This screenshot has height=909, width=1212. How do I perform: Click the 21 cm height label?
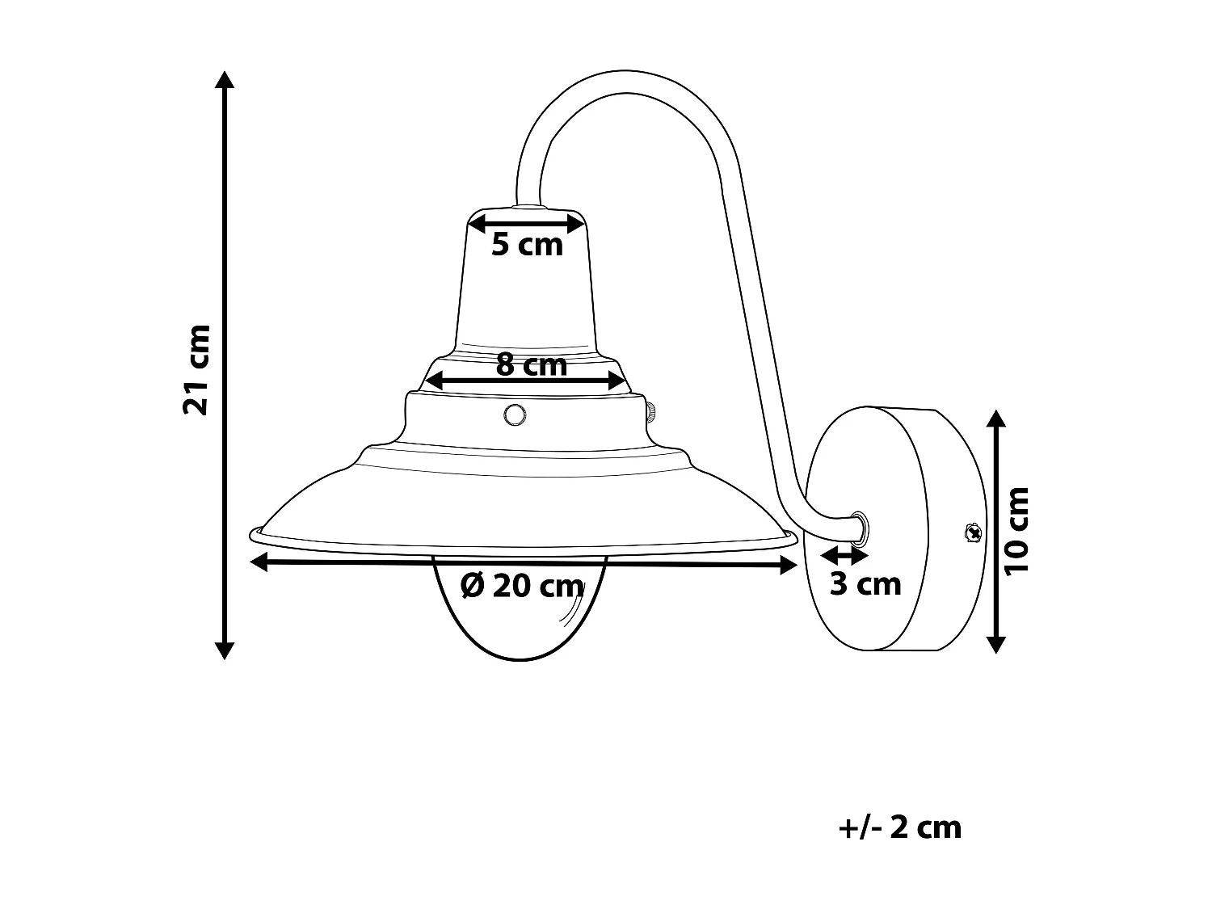click(196, 369)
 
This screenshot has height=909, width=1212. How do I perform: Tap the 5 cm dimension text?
click(527, 244)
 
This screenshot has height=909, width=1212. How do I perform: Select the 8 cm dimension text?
click(531, 365)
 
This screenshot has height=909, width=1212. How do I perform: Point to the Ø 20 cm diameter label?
click(522, 586)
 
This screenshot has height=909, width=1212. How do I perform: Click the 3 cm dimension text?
click(865, 584)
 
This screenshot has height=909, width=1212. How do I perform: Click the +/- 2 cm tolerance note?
click(900, 827)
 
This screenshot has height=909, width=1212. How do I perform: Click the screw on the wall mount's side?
click(973, 532)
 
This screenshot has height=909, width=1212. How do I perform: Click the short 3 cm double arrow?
click(844, 556)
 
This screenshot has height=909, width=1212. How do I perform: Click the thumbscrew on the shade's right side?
click(650, 412)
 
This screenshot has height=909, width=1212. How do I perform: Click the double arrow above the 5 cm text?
click(527, 222)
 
